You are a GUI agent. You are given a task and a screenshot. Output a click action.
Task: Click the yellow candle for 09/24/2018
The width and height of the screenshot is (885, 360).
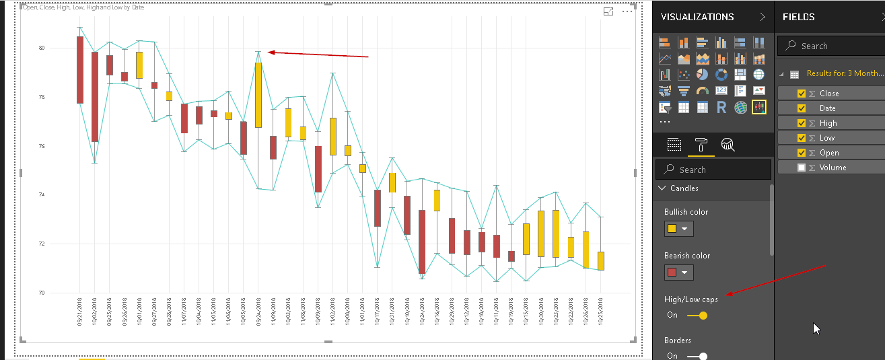[258, 94]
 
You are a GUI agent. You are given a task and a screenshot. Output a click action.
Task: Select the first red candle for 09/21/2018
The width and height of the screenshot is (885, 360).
[80, 69]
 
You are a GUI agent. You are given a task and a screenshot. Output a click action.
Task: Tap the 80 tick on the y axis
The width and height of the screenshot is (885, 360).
[42, 48]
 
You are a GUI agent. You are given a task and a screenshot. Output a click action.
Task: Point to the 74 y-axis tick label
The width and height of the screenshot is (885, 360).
[42, 195]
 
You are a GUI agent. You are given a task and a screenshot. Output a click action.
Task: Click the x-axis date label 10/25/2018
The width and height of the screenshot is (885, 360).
[600, 312]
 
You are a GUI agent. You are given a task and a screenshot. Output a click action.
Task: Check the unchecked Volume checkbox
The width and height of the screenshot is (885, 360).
[802, 168]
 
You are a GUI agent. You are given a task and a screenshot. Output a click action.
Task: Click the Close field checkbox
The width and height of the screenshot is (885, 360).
[802, 94]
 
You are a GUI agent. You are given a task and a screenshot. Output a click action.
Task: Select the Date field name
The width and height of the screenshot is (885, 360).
[827, 108]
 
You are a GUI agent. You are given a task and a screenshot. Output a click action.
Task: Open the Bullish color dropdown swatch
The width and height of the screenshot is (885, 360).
[678, 229]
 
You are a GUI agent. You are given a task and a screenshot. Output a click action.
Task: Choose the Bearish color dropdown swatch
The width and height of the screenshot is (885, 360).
[678, 273]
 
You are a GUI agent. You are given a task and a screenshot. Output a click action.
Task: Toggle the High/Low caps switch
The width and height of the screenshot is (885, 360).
[697, 315]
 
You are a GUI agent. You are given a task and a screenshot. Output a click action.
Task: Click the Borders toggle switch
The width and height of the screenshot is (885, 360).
[697, 356]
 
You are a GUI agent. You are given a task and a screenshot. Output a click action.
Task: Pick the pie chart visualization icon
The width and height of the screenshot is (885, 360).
[702, 75]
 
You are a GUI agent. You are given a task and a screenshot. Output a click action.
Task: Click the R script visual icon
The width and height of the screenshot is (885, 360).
[721, 107]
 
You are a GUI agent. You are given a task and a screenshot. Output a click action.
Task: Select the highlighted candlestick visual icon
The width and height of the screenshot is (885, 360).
[758, 107]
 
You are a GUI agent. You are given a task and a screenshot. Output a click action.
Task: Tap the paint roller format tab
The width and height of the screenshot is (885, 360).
[701, 144]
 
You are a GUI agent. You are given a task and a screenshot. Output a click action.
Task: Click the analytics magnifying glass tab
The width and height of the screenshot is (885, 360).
[728, 144]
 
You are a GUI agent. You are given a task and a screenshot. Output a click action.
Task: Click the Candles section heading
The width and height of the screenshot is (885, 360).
[684, 188]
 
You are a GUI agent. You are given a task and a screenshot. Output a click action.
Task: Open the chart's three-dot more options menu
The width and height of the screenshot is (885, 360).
[627, 11]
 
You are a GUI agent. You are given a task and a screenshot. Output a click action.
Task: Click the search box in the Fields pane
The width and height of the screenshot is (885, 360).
[835, 46]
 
